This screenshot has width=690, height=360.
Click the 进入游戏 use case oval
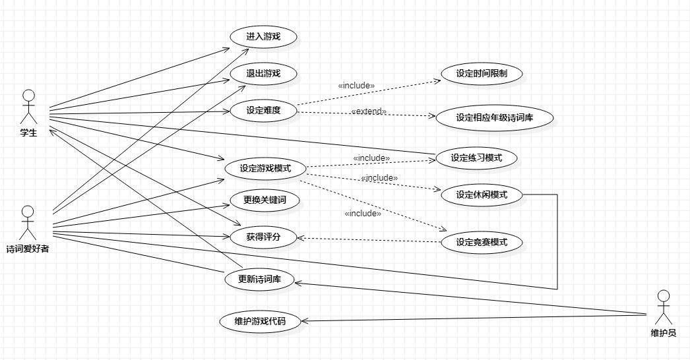pos(263,37)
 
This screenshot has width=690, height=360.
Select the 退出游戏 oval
pos(263,73)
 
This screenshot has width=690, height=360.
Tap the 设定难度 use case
pos(263,110)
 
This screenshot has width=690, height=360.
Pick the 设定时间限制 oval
pos(480,74)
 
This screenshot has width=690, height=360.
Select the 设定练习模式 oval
pos(476,158)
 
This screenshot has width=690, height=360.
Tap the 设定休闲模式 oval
pos(481,195)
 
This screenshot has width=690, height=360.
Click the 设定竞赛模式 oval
pos(482,242)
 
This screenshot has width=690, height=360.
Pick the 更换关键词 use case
pos(263,199)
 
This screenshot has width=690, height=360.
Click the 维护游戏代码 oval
pos(261,322)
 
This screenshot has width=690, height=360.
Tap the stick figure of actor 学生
pos(28,105)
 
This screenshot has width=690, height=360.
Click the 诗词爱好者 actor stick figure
pos(27,223)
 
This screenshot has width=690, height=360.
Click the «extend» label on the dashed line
pos(369,111)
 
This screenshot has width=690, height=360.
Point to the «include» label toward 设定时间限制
pos(356,85)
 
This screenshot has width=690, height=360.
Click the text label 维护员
pos(663,333)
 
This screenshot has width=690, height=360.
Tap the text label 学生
pos(28,134)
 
